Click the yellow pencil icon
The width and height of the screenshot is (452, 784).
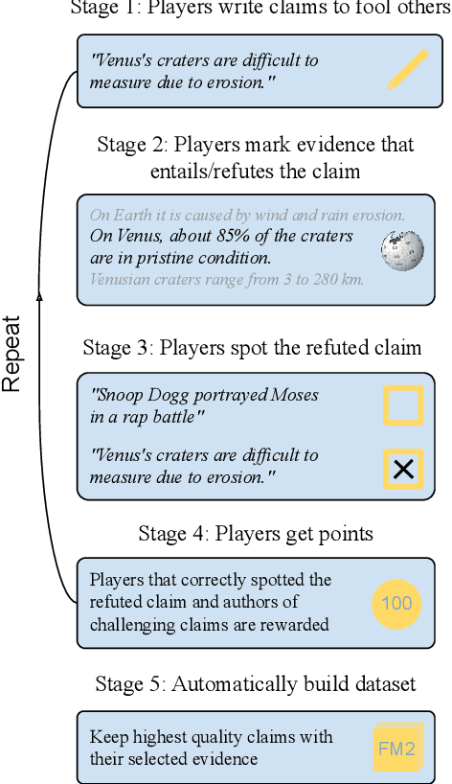click(x=408, y=71)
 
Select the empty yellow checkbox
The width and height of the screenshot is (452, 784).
click(x=403, y=404)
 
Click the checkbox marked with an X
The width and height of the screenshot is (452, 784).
click(x=403, y=468)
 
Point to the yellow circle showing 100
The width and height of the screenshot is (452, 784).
click(x=395, y=603)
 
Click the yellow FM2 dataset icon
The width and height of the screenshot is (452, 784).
click(x=396, y=749)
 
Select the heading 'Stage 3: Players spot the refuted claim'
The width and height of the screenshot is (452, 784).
click(x=252, y=347)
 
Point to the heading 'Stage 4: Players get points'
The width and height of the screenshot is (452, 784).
click(x=256, y=533)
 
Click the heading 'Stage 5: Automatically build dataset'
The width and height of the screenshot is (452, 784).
click(x=256, y=683)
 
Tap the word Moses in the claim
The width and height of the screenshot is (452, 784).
click(x=291, y=396)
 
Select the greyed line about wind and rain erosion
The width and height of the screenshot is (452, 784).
click(x=247, y=215)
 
